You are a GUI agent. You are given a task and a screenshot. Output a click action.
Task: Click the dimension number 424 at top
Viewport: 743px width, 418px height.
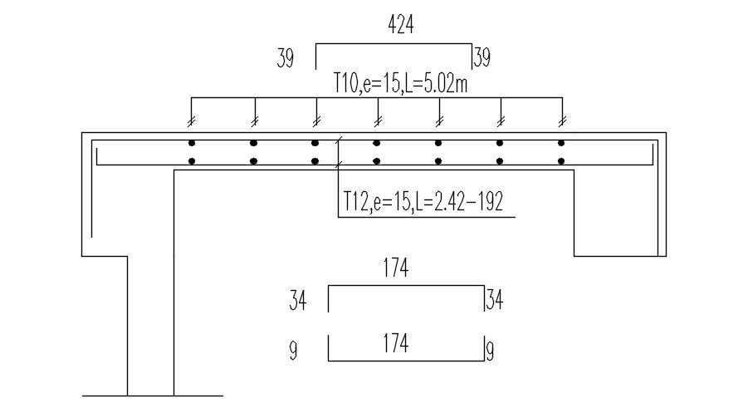(401, 25)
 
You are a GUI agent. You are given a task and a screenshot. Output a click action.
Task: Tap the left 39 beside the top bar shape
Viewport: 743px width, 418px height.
(286, 59)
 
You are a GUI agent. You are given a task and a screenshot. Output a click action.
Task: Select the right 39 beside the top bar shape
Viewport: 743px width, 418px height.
(481, 58)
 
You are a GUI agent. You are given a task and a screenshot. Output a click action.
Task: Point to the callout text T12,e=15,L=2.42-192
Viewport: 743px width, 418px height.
(423, 202)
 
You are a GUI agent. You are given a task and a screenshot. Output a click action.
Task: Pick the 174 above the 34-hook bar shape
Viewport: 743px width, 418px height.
(396, 268)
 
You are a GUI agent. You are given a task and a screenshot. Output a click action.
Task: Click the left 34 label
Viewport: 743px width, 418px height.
(298, 300)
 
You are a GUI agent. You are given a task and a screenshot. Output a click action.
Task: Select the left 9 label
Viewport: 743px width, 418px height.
(293, 352)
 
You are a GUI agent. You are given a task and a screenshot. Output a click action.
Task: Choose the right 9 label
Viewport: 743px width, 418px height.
(491, 352)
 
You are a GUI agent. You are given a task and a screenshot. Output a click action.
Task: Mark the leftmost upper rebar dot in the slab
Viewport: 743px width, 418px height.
(192, 142)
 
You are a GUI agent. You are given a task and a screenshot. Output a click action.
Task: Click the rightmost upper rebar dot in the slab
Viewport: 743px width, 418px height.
(562, 142)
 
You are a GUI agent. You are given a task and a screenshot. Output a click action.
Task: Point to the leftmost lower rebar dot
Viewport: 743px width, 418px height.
(192, 161)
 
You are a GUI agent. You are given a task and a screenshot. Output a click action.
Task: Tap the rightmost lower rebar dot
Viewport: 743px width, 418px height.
(562, 161)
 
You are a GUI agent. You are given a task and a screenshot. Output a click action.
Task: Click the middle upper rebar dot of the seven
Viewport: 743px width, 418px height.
(377, 142)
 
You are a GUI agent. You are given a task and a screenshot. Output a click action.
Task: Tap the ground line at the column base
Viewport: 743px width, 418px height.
(153, 396)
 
